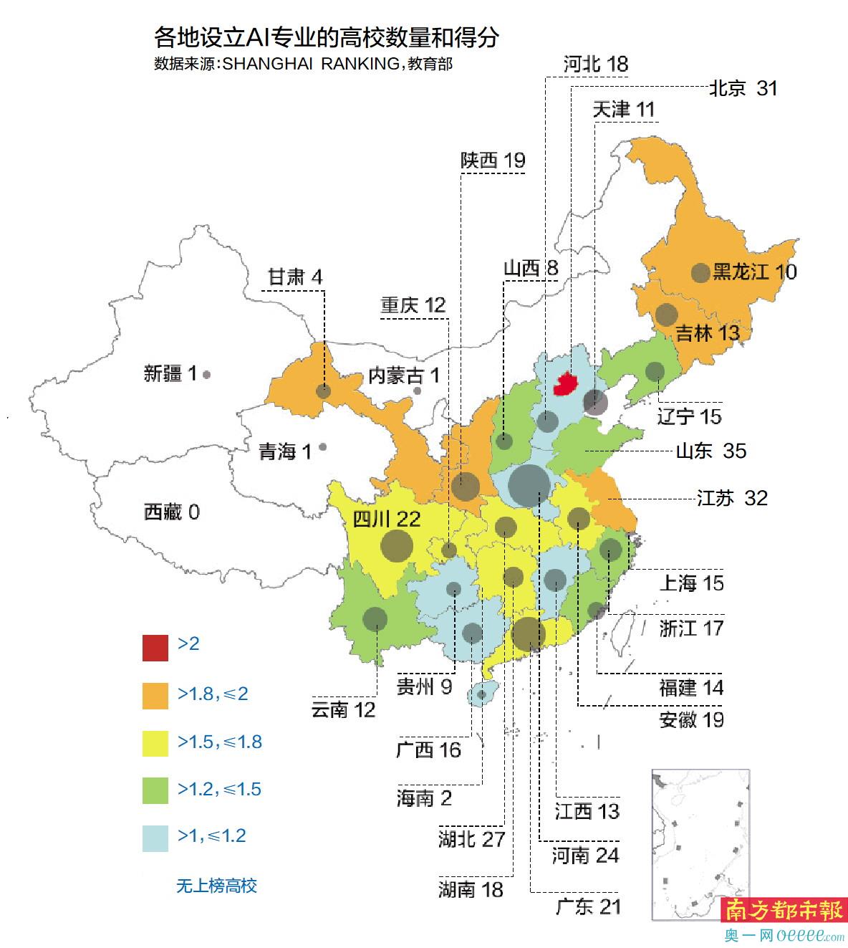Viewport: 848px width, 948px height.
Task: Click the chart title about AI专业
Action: [x=326, y=37]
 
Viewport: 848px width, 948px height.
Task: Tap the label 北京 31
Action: [x=743, y=88]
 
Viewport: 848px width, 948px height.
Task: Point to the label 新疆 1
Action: [x=170, y=373]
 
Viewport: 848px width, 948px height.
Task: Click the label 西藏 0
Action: [x=172, y=512]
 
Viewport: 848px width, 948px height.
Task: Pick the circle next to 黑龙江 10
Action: [x=700, y=272]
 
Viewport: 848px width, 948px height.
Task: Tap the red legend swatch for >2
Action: [x=155, y=647]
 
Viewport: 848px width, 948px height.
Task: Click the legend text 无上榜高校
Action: [x=216, y=886]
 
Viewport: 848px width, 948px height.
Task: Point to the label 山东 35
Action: [x=710, y=451]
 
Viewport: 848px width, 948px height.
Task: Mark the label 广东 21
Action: [x=588, y=906]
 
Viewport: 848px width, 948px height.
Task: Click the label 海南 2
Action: [x=424, y=798]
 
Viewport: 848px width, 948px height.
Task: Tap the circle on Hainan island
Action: [x=481, y=694]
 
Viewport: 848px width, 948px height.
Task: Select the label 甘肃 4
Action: [x=295, y=277]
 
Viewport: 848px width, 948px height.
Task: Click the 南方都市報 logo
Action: [x=783, y=911]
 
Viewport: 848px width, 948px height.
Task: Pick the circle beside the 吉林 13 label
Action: [x=666, y=315]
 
